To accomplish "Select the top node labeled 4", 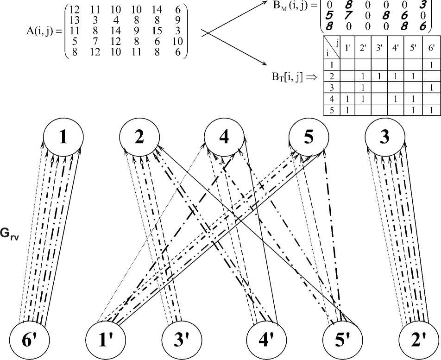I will tap(224, 138).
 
